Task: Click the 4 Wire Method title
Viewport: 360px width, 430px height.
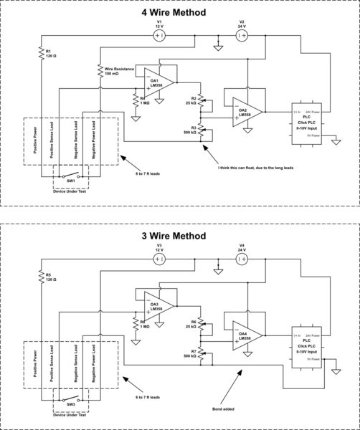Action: pos(180,13)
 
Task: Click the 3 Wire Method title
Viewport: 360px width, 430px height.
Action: pos(180,236)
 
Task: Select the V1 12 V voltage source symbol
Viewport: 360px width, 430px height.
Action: pos(160,35)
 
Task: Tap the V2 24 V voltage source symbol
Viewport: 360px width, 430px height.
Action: pos(242,35)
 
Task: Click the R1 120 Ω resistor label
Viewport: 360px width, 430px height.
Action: pos(51,54)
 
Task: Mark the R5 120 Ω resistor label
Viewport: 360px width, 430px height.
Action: pos(51,277)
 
